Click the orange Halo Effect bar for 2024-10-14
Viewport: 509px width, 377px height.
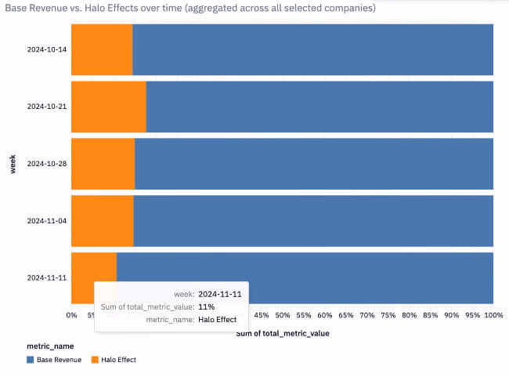click(x=102, y=50)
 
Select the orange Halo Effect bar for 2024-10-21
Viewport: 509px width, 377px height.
click(x=109, y=107)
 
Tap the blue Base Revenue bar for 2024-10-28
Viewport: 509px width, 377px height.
click(x=313, y=164)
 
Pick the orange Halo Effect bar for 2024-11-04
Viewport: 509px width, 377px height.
click(x=103, y=221)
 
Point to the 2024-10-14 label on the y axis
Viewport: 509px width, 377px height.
click(x=46, y=49)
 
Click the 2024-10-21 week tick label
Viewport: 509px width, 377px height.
click(x=46, y=106)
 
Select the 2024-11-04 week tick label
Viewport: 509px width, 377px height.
click(x=46, y=221)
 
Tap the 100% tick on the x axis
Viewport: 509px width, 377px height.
click(x=493, y=315)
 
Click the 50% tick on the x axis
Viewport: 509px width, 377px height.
click(x=283, y=315)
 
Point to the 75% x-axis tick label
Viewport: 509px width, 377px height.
click(x=388, y=315)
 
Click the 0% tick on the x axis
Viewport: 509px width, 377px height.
click(x=72, y=315)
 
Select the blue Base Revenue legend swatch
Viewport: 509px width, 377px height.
click(x=31, y=360)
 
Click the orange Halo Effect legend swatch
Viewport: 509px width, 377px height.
click(x=96, y=360)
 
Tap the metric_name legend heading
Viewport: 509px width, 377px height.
click(x=52, y=346)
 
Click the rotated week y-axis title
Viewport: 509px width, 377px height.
click(x=13, y=164)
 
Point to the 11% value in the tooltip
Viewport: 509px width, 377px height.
click(x=206, y=306)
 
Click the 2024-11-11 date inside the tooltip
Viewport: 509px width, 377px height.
click(x=219, y=294)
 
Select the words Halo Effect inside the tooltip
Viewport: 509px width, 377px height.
click(x=218, y=319)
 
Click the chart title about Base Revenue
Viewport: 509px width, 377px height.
click(x=190, y=8)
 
